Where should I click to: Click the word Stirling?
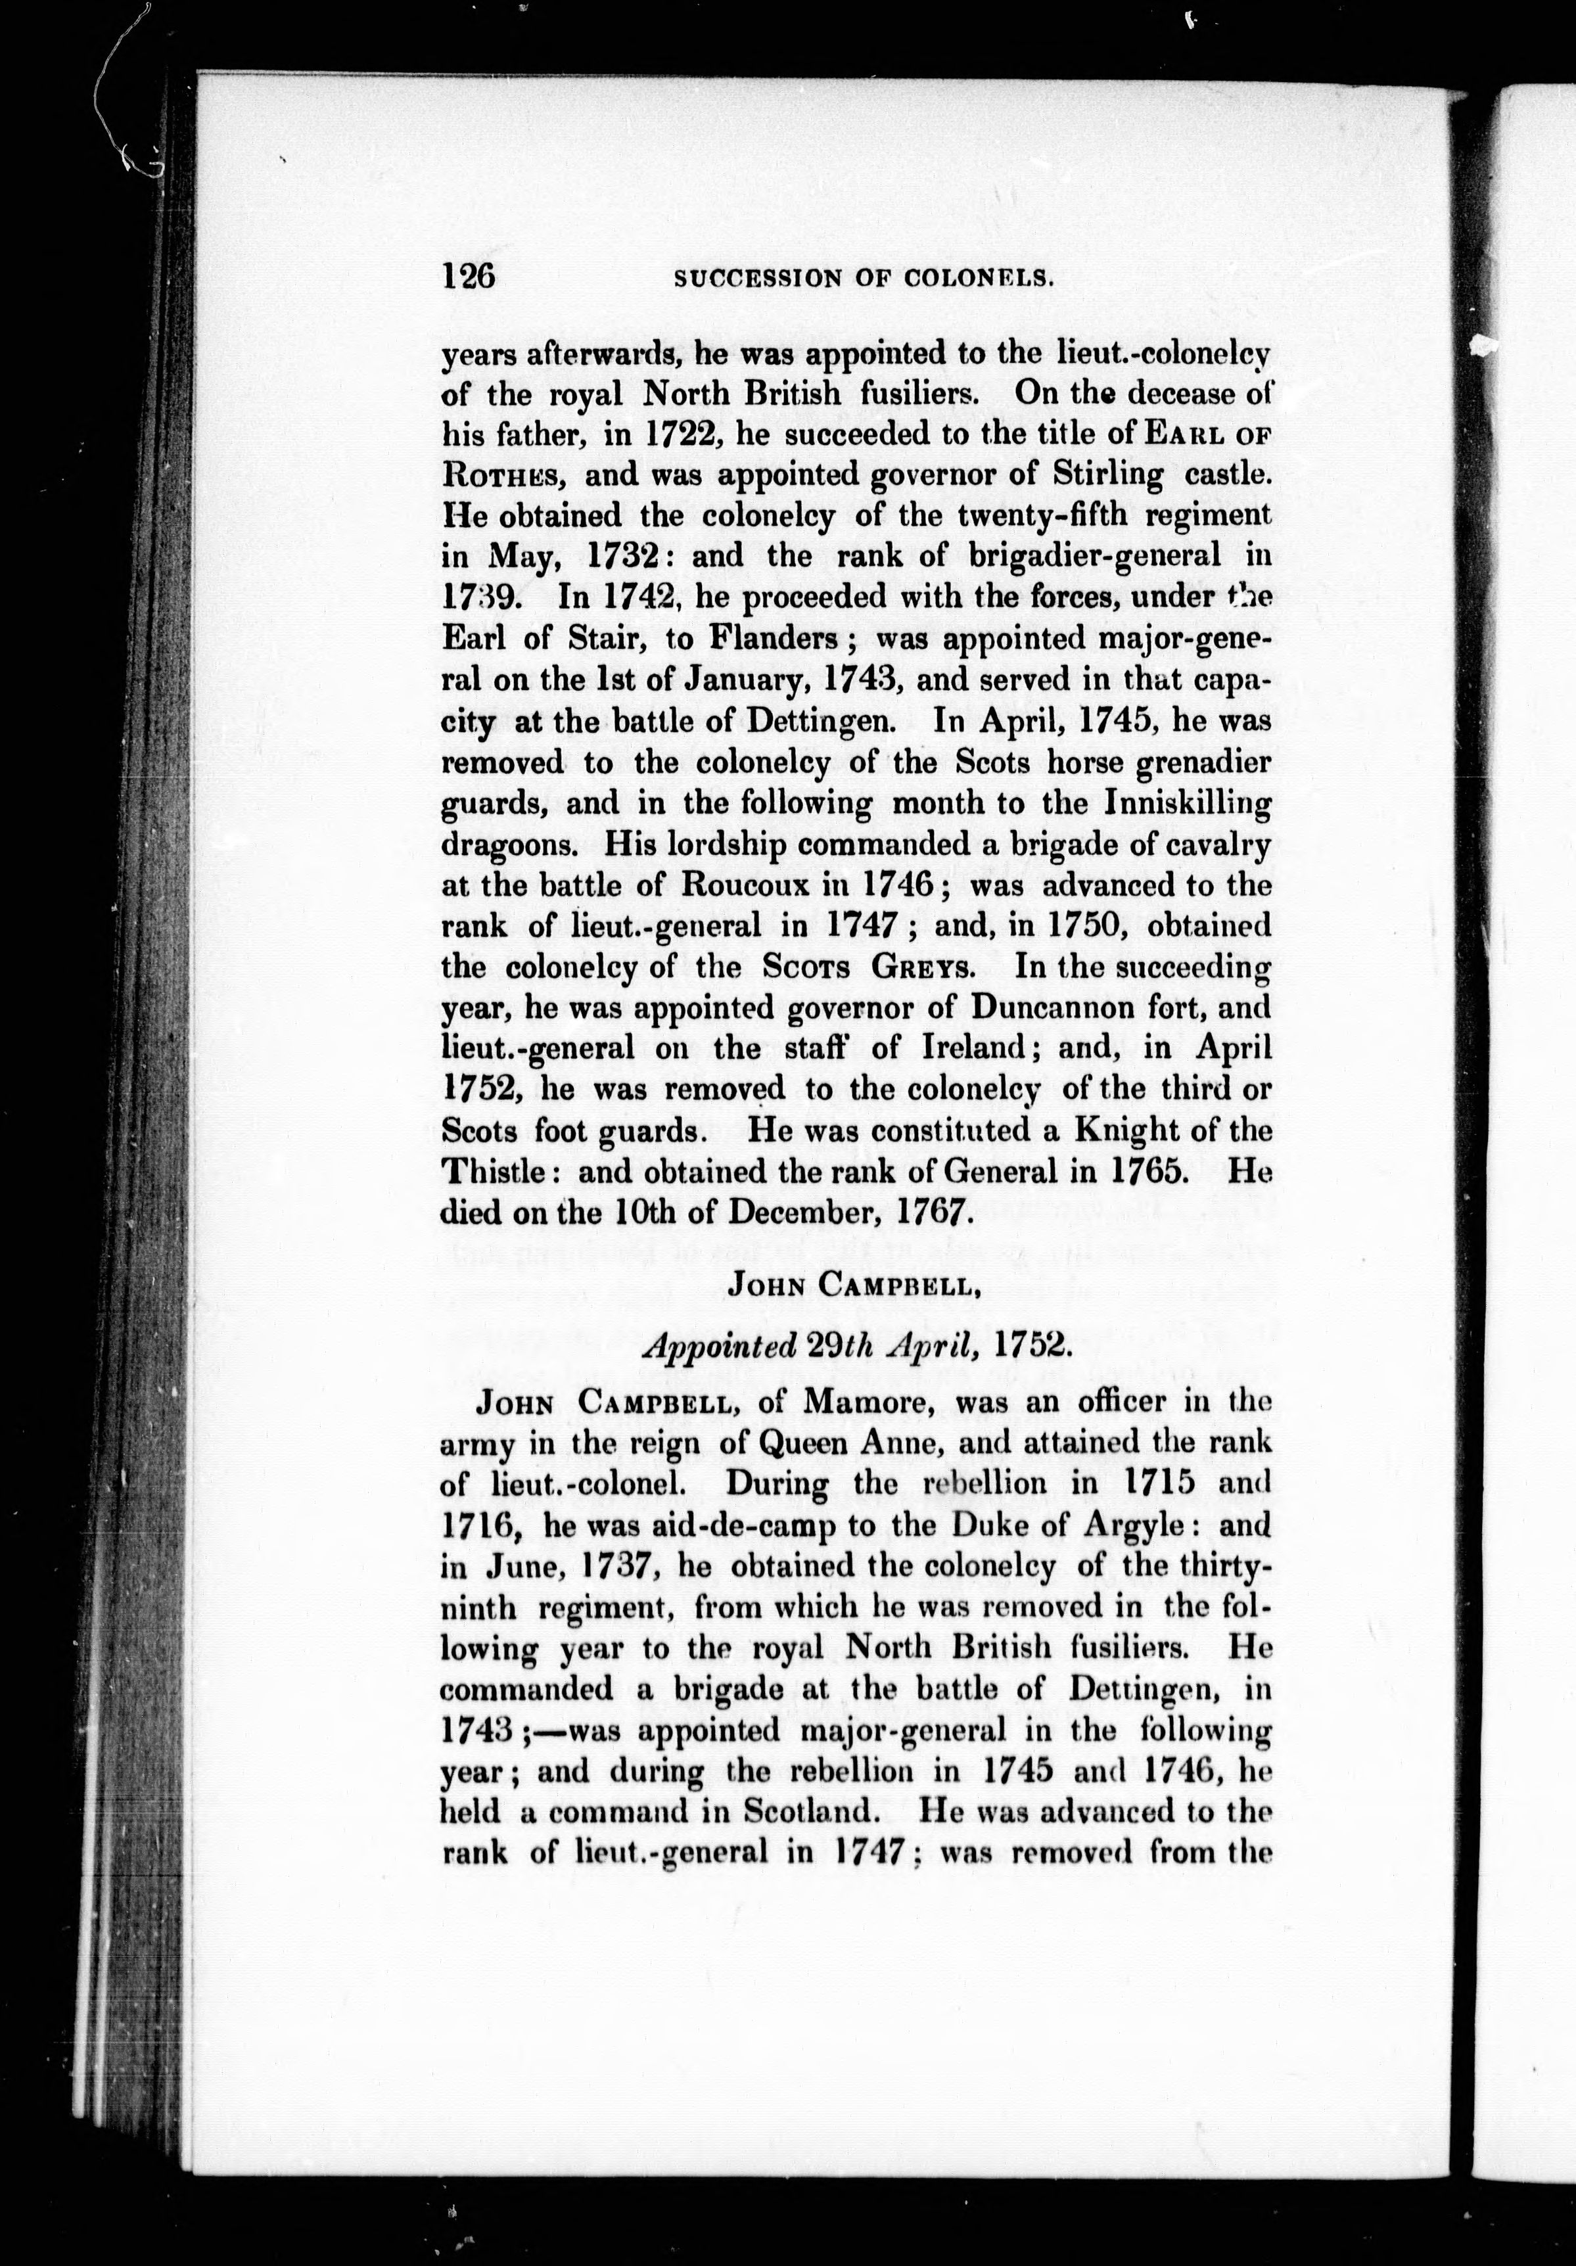coord(1104,474)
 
